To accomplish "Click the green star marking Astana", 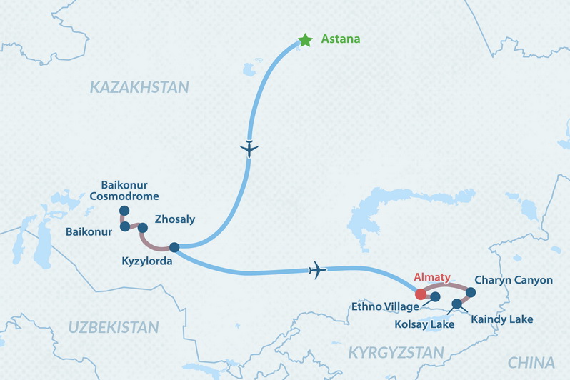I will pos(306,41).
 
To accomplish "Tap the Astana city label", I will pos(341,40).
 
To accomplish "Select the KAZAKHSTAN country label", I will pos(139,87).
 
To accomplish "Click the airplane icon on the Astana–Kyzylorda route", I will pos(249,149).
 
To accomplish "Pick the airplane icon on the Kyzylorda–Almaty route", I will pos(316,269).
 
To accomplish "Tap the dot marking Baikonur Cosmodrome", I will pos(124,211).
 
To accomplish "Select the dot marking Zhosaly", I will pos(142,228).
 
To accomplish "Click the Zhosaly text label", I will pos(174,219).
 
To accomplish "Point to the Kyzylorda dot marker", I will pos(174,248).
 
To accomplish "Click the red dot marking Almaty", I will pos(421,294).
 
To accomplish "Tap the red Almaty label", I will pos(432,279).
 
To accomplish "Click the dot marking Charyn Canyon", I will pos(471,291).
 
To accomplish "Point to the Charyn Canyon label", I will pos(513,280).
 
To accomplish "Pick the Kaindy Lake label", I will pos(501,319).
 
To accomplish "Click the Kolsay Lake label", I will pos(424,324).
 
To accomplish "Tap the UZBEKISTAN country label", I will pos(113,327).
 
